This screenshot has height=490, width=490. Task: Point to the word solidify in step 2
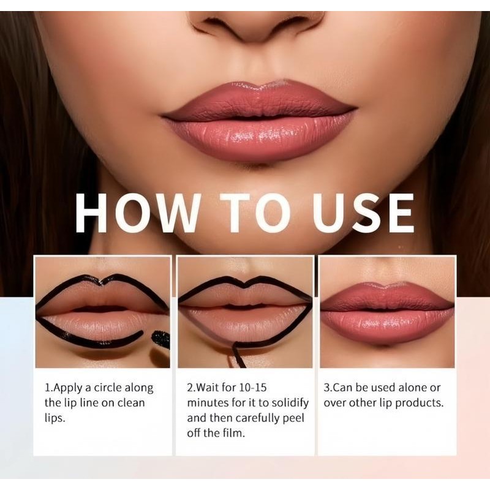click(288, 403)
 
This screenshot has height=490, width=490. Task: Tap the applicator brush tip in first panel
click(160, 338)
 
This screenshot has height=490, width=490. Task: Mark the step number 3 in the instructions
click(326, 388)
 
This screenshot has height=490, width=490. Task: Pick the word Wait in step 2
click(209, 388)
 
